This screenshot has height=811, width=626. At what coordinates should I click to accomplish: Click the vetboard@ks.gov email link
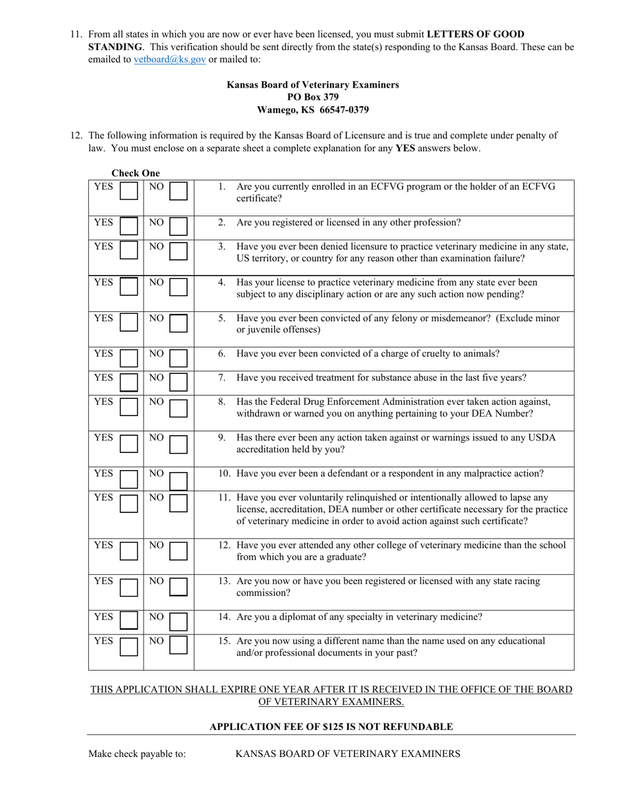(x=170, y=59)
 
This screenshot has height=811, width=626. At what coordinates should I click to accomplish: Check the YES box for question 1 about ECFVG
(x=129, y=191)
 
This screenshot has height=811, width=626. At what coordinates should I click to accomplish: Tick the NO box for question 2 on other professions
(x=178, y=227)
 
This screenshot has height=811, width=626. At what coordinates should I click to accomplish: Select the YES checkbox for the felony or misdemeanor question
(x=129, y=323)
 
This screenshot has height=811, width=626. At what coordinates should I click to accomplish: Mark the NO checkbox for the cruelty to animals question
(x=178, y=358)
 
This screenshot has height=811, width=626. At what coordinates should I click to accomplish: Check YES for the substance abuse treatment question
(x=129, y=382)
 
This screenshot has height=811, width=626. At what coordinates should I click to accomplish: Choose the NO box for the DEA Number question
(x=178, y=407)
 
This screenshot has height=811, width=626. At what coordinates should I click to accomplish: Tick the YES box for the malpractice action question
(x=129, y=478)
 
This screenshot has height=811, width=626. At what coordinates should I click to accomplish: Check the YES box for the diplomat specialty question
(x=129, y=621)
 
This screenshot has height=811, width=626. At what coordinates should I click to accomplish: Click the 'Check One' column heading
(x=135, y=173)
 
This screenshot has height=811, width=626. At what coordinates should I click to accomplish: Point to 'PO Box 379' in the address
(x=313, y=97)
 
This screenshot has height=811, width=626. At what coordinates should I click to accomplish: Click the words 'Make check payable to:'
(x=137, y=754)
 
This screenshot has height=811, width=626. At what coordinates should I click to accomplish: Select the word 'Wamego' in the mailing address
(x=276, y=109)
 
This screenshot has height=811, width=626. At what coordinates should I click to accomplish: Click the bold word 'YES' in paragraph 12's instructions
(x=405, y=148)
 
